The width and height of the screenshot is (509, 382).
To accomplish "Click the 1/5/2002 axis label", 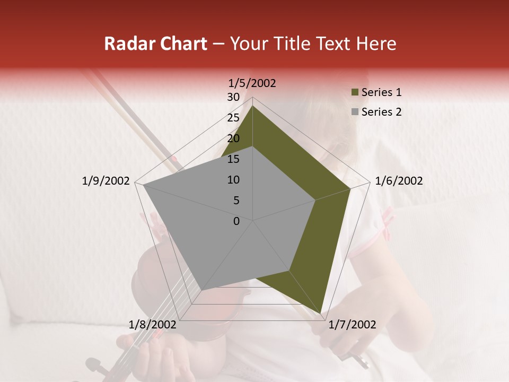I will coord(252,83).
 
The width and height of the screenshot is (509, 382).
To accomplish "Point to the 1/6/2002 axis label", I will coord(399,181).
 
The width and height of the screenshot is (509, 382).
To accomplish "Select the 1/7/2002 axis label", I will coord(352,325).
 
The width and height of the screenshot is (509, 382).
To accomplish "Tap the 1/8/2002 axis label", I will coord(153,325).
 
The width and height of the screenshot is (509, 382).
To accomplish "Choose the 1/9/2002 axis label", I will coord(106,181).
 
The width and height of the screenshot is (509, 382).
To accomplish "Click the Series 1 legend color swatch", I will coord(354,92).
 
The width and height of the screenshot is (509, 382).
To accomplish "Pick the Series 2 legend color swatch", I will coord(354,112).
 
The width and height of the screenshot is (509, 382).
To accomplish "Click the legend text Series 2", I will coord(381,112).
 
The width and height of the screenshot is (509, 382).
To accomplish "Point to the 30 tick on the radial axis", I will coord(233,97).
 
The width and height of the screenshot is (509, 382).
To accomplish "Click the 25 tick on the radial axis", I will coord(233,118).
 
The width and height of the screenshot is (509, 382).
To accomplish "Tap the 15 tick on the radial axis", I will coord(233,159).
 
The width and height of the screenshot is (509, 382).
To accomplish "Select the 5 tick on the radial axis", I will coord(236,201).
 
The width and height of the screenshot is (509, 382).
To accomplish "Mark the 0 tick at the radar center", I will coord(236,221).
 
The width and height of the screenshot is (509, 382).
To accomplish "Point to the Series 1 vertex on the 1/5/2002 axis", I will coord(253,106).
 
